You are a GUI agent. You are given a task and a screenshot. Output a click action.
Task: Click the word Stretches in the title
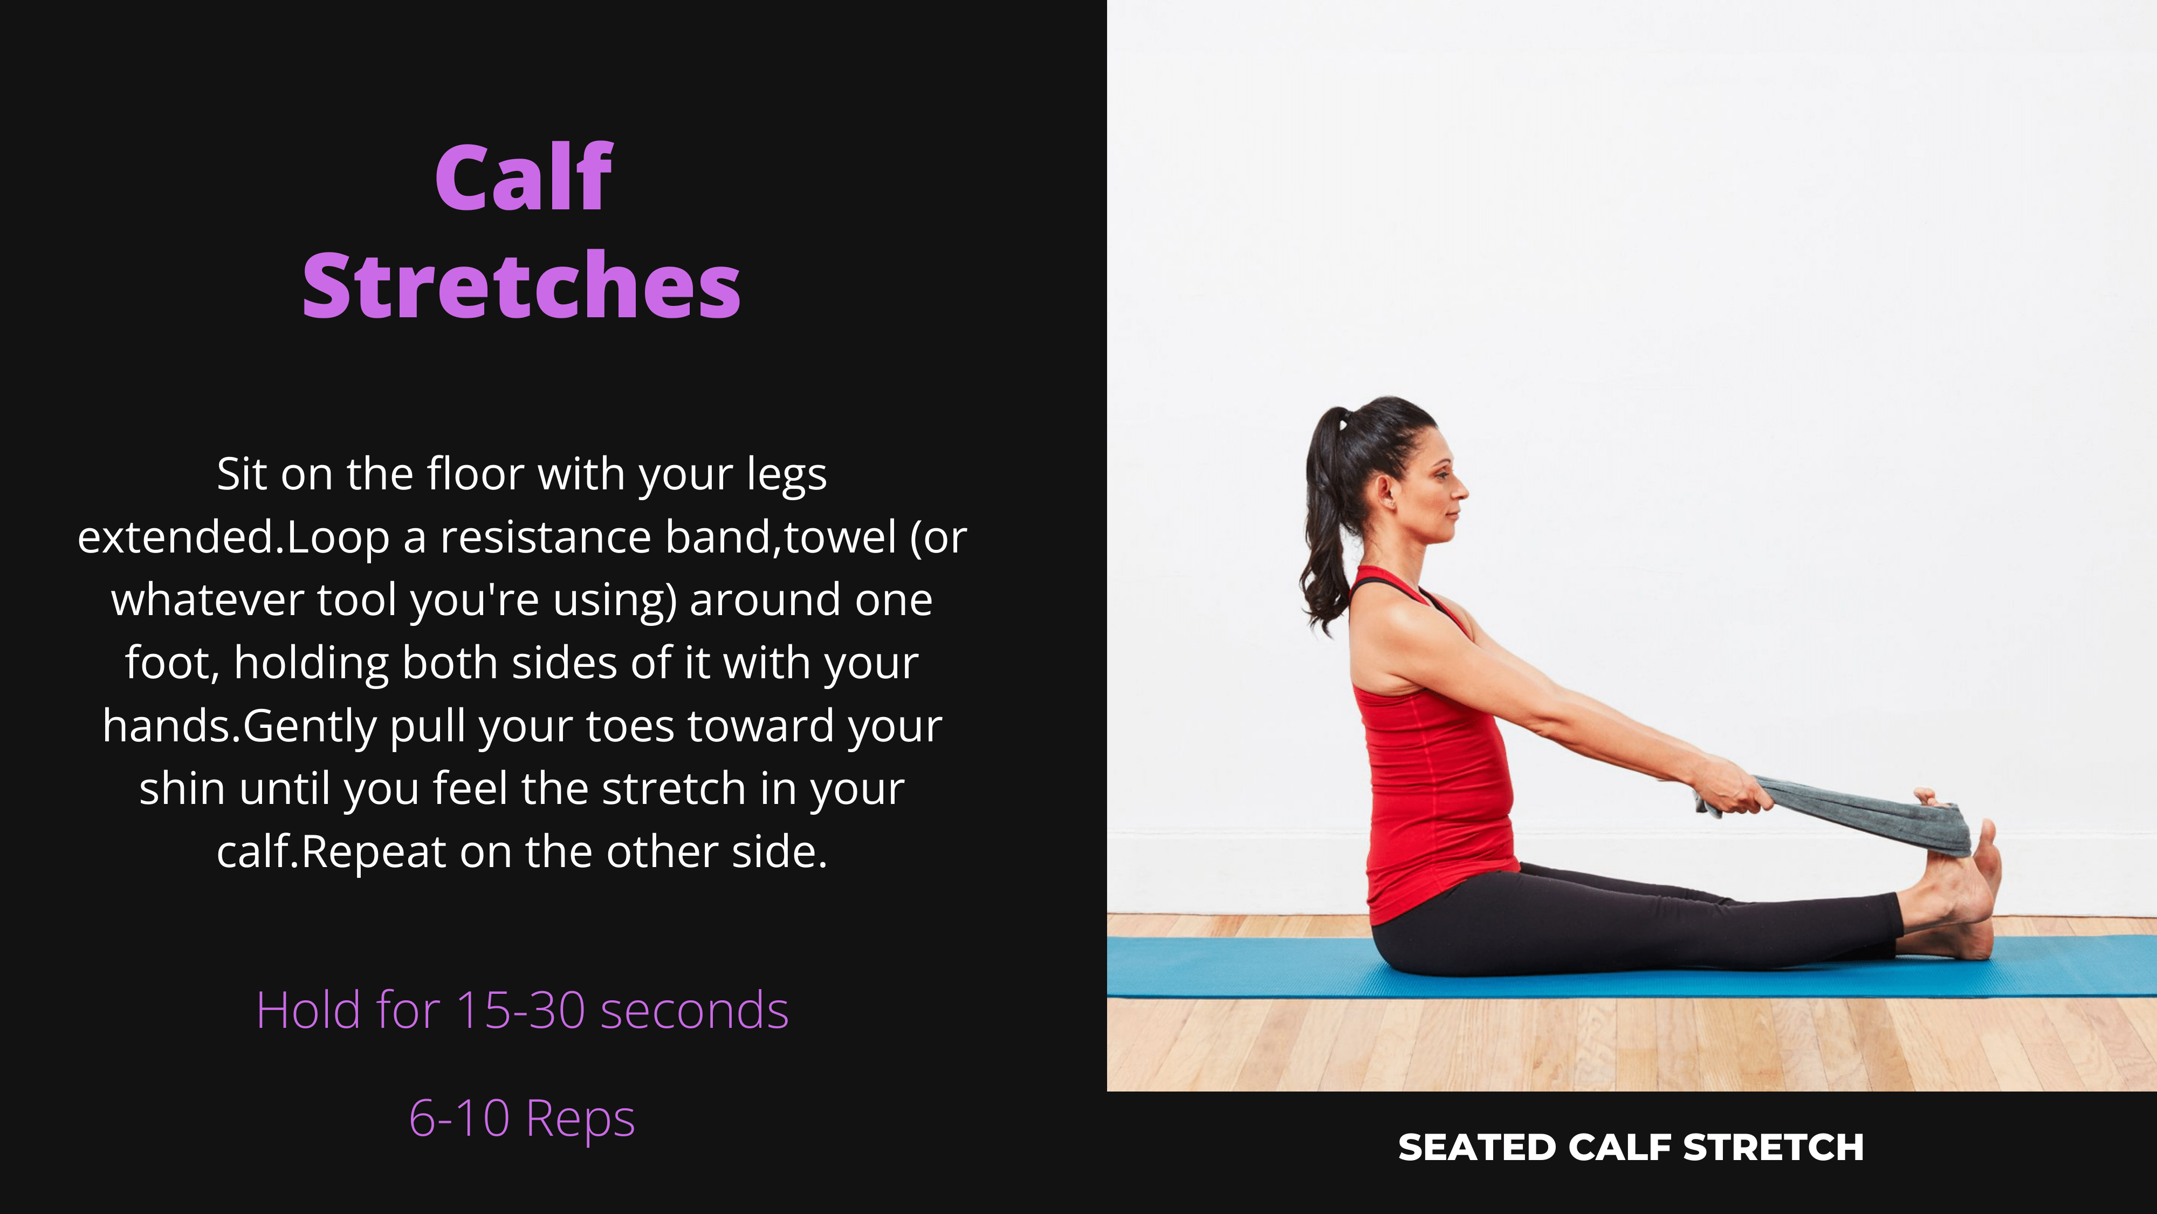point(521,286)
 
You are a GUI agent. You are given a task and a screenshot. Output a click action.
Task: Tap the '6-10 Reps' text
point(521,1118)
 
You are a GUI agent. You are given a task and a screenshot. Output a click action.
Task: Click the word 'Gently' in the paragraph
point(310,726)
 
